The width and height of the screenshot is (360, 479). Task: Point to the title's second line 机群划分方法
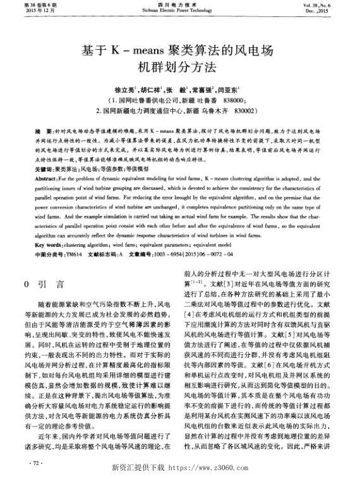180,66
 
